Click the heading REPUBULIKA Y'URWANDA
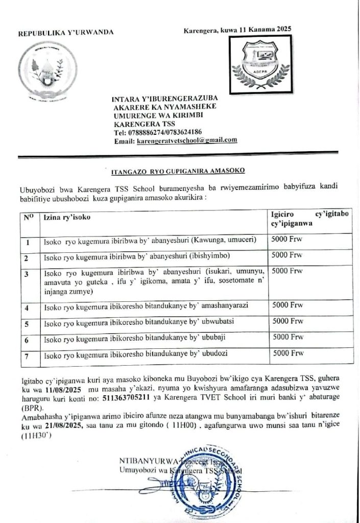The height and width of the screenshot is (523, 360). pyautogui.click(x=66, y=34)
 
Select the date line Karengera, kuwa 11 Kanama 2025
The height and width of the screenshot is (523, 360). pyautogui.click(x=237, y=31)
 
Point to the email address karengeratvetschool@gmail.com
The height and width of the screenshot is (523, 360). pyautogui.click(x=187, y=140)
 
